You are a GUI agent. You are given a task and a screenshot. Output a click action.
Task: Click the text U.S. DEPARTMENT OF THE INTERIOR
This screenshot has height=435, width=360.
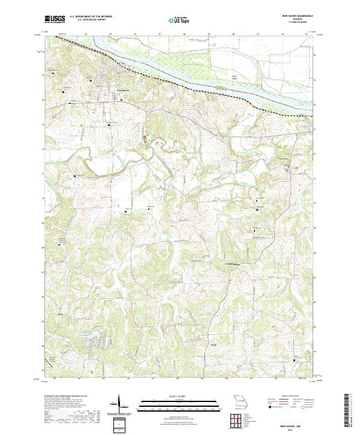pos(91,17)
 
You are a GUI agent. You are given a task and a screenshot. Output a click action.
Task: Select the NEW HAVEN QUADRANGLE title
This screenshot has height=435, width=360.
pos(292,17)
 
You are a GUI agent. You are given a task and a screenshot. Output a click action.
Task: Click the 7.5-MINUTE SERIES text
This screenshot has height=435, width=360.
pos(293,24)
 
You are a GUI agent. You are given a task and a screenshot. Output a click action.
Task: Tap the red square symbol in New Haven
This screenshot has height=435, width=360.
pos(121,100)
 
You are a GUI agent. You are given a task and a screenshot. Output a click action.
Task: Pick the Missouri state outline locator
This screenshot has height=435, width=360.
pos(239,400)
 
